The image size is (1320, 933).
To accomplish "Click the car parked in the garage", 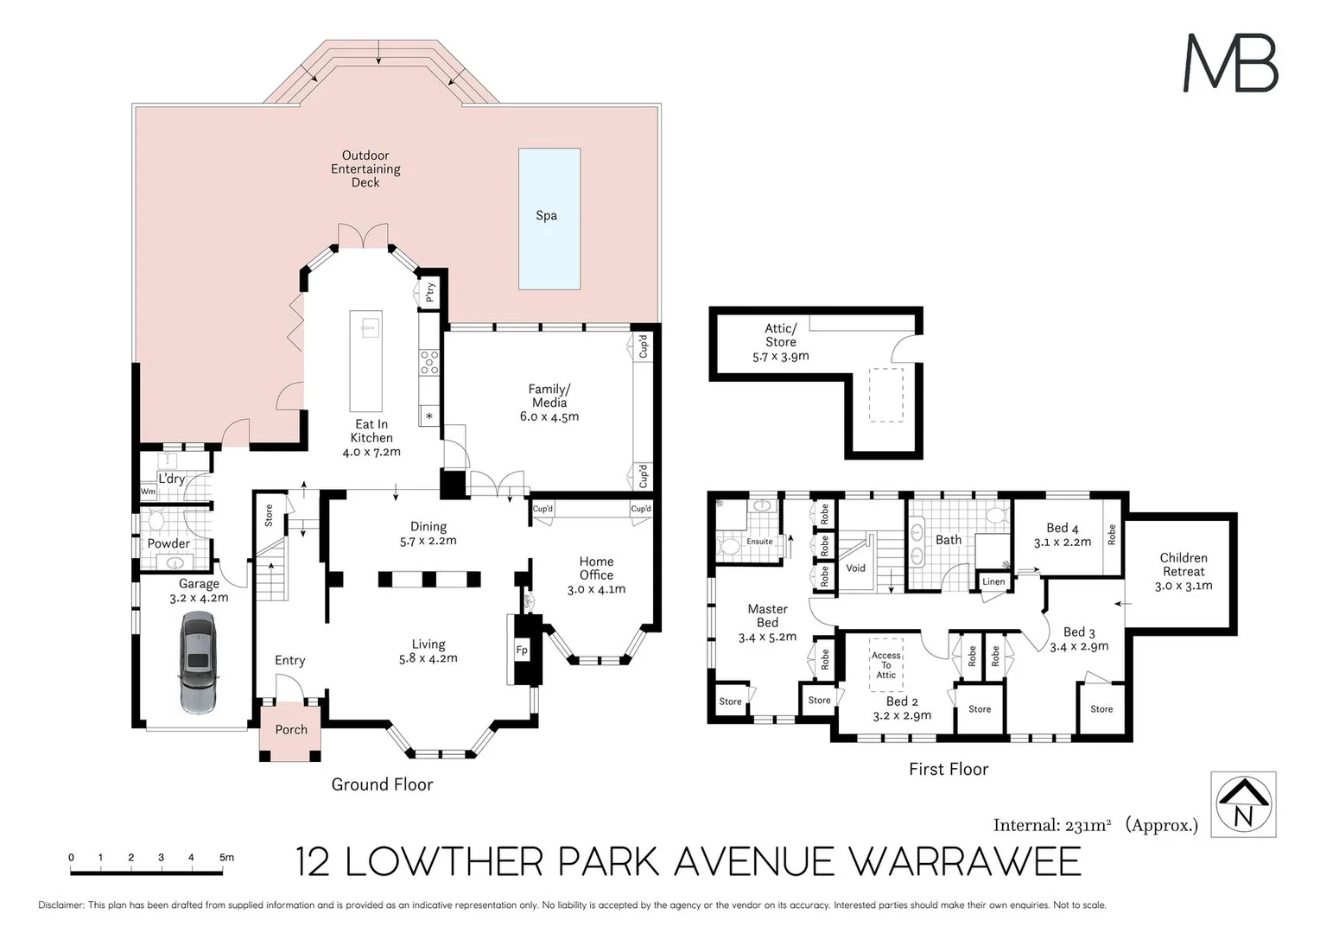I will tap(199, 663).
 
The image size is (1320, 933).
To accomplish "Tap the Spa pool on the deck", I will tap(549, 218).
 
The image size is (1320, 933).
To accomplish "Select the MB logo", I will tap(1229, 63).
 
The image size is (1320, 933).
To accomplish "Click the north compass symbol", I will tap(1243, 804).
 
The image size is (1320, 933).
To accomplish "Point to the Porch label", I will tap(291, 730).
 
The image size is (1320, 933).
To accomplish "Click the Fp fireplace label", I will tap(522, 651).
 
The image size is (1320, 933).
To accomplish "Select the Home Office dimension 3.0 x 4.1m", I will tap(596, 590).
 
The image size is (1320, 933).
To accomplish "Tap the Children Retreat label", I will tap(1184, 565).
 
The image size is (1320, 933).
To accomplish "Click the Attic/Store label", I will tap(781, 335).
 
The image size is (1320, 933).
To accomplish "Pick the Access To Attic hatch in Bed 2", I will tap(886, 664).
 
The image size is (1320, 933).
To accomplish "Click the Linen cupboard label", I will tap(993, 581).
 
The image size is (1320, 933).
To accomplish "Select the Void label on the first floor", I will tap(855, 568).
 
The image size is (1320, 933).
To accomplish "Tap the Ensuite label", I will tap(760, 542).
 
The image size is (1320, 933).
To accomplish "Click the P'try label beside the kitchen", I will tap(430, 292).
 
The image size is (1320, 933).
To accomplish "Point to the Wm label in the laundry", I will tap(148, 492).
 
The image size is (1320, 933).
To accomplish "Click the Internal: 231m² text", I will tap(1051, 825).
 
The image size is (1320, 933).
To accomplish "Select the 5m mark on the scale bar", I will tap(225, 858).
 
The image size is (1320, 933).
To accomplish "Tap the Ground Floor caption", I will tap(382, 784).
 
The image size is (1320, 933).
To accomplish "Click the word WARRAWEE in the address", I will tap(964, 862).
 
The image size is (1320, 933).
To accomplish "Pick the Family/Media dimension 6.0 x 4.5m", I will tap(549, 416).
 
